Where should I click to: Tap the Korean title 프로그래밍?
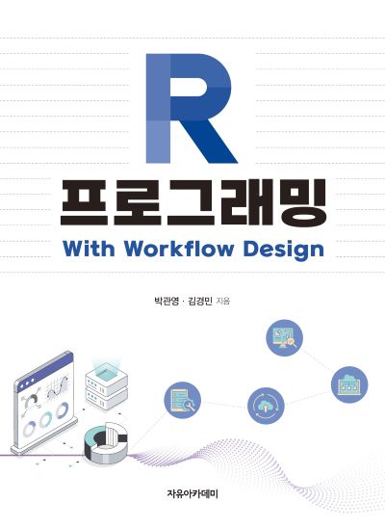point(192,202)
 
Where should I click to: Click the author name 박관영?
point(166,301)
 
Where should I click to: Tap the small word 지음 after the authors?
point(223,301)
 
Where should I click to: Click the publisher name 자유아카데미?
point(192,494)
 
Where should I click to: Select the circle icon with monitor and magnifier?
point(284,337)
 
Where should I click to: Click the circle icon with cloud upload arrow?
point(266,406)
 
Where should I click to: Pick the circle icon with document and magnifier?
point(182,400)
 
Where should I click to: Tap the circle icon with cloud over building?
point(349,384)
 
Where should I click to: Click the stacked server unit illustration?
point(106,388)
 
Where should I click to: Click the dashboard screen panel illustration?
point(44,403)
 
